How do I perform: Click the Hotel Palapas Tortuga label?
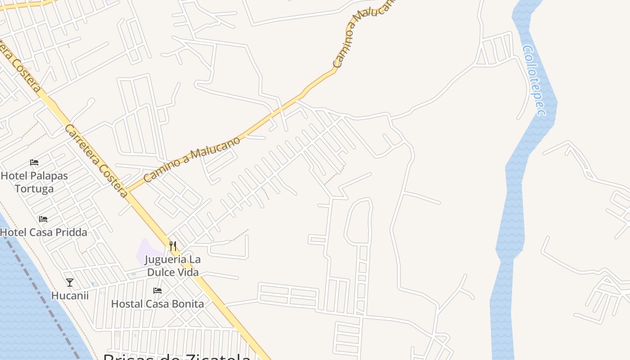pyautogui.click(x=34, y=182)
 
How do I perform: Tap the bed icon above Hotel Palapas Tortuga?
pyautogui.click(x=34, y=162)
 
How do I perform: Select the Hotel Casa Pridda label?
pyautogui.click(x=44, y=232)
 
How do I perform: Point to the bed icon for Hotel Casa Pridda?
pyautogui.click(x=43, y=219)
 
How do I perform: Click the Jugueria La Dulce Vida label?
pyautogui.click(x=173, y=266)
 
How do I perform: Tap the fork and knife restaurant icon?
pyautogui.click(x=173, y=246)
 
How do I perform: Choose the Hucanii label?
pyautogui.click(x=70, y=296)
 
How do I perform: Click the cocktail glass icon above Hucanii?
pyautogui.click(x=70, y=283)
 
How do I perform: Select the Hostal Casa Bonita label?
pyautogui.click(x=157, y=304)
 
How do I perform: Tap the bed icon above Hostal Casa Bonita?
pyautogui.click(x=157, y=291)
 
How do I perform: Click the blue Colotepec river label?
pyautogui.click(x=534, y=80)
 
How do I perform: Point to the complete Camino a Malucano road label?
pyautogui.click(x=192, y=159)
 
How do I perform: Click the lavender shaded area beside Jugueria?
pyautogui.click(x=146, y=252)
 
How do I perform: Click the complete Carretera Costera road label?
pyautogui.click(x=96, y=161)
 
